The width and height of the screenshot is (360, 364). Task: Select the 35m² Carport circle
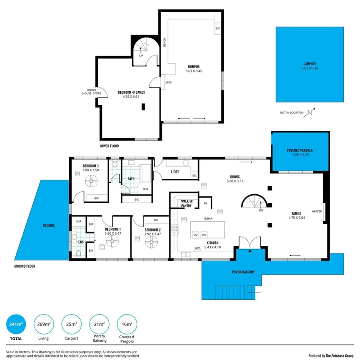[71, 324]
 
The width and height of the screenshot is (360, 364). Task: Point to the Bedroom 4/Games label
[131, 92]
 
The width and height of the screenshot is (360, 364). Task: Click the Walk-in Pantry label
[186, 203]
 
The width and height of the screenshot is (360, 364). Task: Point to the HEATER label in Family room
[317, 211]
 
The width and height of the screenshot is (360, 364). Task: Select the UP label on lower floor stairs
[141, 56]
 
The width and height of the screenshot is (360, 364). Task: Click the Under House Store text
[93, 92]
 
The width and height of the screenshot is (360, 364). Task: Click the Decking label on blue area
[48, 225]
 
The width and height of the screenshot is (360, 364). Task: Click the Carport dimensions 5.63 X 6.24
[309, 68]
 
